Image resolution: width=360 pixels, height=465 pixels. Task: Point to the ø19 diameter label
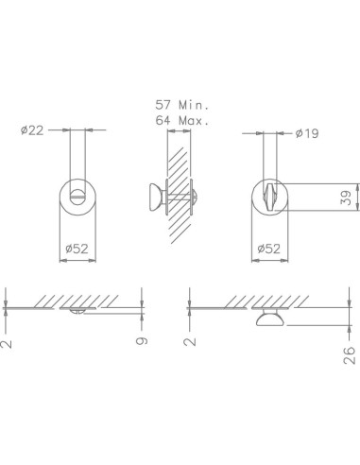click(x=306, y=134)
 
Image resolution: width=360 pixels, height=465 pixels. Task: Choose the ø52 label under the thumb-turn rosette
click(x=270, y=250)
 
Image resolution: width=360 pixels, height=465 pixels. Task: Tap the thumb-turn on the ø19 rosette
click(x=270, y=198)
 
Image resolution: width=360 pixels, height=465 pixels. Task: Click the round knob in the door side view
click(x=151, y=198)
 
